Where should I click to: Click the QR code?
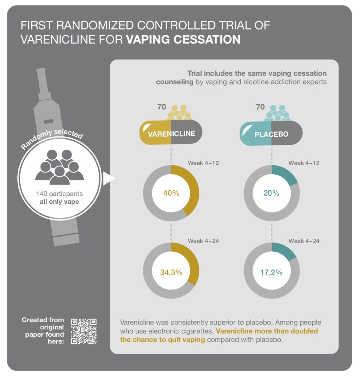click(x=84, y=331)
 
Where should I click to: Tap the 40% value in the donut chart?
click(x=171, y=193)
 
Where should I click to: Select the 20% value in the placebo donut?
click(x=271, y=193)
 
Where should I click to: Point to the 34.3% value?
click(x=171, y=272)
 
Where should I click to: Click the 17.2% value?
click(x=271, y=272)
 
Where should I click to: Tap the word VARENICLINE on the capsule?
click(x=172, y=134)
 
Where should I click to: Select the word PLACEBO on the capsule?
click(x=271, y=134)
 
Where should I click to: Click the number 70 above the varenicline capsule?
click(x=162, y=107)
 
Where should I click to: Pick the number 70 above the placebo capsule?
click(x=260, y=107)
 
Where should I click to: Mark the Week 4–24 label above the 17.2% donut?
click(x=304, y=241)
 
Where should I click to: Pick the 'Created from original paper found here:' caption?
click(x=44, y=330)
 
